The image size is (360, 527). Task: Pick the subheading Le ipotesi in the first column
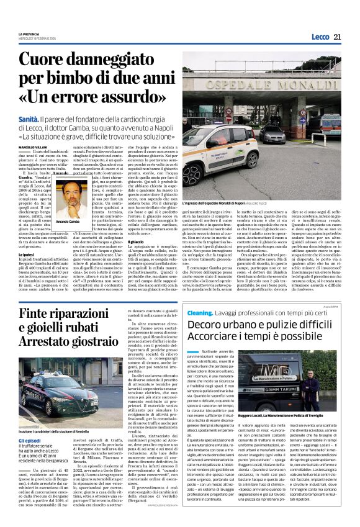point(26,236)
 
